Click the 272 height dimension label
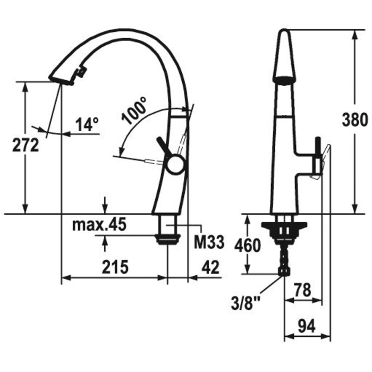pyautogui.click(x=26, y=145)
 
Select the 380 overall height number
pyautogui.click(x=354, y=120)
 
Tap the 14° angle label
pyautogui.click(x=87, y=124)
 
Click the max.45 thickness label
pyautogui.click(x=99, y=225)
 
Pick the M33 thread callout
pyautogui.click(x=209, y=242)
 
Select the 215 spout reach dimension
pyautogui.click(x=115, y=267)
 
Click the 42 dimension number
pyautogui.click(x=210, y=267)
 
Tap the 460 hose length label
pyautogui.click(x=248, y=246)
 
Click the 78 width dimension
pyautogui.click(x=302, y=290)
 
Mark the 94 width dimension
pyautogui.click(x=307, y=326)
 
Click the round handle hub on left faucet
pyautogui.click(x=175, y=164)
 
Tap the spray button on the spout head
pyautogui.click(x=80, y=72)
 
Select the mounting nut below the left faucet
pyautogui.click(x=167, y=239)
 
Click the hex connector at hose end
pyautogui.click(x=284, y=272)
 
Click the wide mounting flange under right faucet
pyautogui.click(x=284, y=226)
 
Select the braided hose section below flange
pyautogui.click(x=284, y=257)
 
